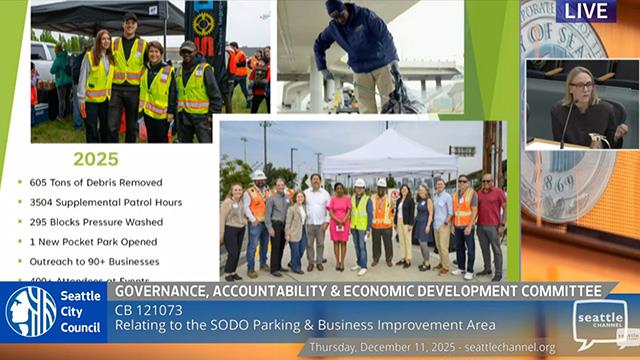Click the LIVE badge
click(587, 11)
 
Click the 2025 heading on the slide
click(96, 159)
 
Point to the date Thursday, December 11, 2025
click(379, 347)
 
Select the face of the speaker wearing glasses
click(581, 87)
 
